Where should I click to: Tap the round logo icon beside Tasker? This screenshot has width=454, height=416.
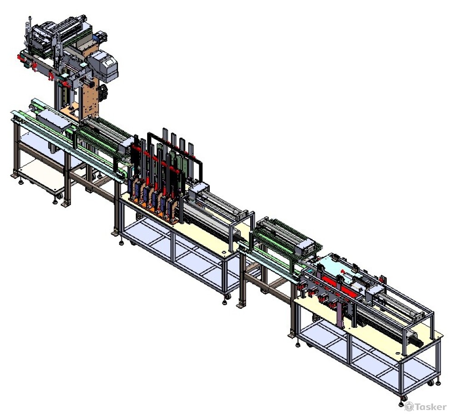point(409,406)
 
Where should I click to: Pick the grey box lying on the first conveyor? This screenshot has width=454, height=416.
point(54,121)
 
